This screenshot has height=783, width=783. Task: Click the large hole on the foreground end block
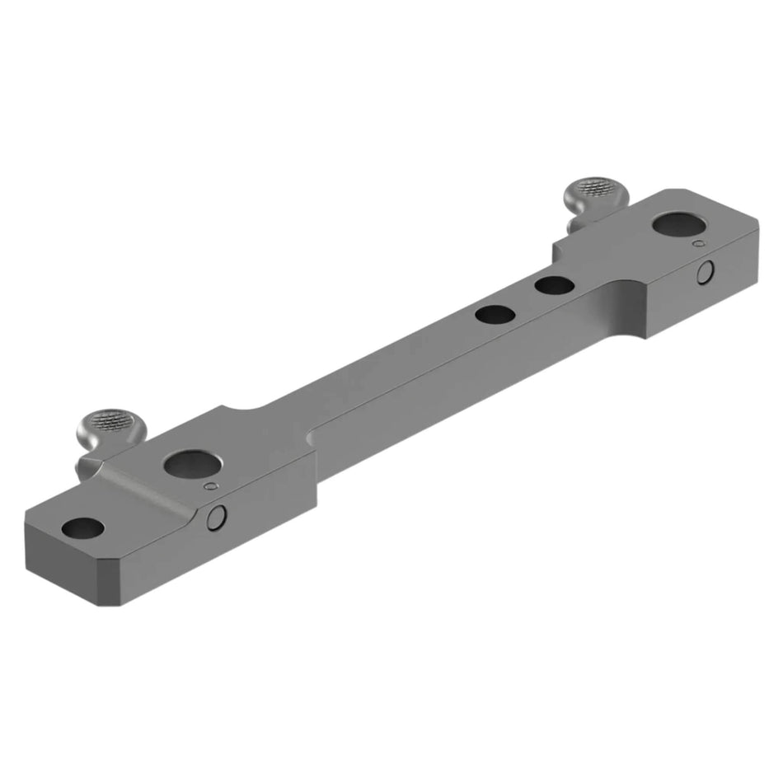(191, 464)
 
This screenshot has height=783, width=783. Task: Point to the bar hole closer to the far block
(554, 286)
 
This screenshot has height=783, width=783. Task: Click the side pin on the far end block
(705, 273)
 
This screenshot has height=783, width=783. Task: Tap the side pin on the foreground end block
(217, 518)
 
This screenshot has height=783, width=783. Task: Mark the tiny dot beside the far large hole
(699, 244)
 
